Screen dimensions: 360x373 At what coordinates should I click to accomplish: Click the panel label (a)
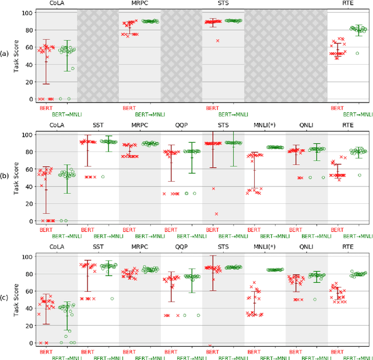(x=5, y=54)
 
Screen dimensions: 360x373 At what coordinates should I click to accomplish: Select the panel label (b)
(x=5, y=177)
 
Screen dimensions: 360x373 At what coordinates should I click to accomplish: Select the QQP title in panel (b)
(x=181, y=125)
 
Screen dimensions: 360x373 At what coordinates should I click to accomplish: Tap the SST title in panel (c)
(x=98, y=248)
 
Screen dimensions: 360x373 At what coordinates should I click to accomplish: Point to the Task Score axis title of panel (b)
(x=17, y=177)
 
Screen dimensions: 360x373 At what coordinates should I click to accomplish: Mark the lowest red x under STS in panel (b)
(x=216, y=214)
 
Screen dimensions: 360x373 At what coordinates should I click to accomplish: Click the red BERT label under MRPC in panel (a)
(x=129, y=108)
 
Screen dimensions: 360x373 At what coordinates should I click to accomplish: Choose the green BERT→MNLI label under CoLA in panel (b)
(x=66, y=236)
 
